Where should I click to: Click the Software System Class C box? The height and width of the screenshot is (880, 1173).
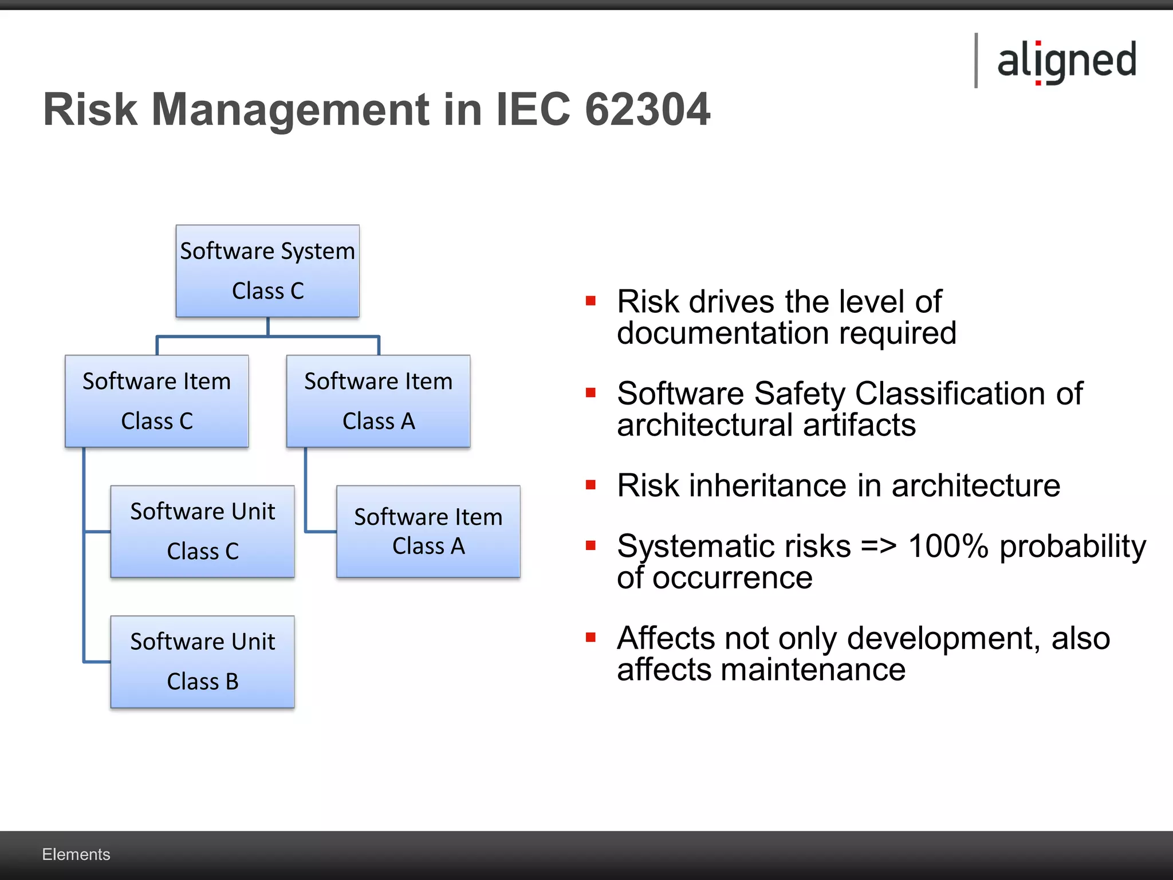click(267, 271)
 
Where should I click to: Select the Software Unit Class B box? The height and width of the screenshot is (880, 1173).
click(202, 662)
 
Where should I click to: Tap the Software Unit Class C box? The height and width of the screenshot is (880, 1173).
click(202, 531)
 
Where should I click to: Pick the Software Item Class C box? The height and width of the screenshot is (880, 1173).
click(156, 401)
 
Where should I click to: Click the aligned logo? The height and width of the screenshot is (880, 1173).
click(1066, 61)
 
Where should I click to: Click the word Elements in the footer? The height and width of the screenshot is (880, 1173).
click(76, 854)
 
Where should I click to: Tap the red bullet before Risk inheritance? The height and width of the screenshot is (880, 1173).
click(591, 485)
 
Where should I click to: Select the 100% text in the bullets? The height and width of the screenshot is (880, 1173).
click(948, 546)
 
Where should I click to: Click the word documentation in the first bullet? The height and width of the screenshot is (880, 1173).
click(722, 333)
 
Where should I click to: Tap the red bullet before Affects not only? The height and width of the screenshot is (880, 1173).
click(591, 637)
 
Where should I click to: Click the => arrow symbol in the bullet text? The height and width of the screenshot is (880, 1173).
click(879, 546)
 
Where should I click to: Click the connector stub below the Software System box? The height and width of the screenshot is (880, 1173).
click(267, 327)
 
